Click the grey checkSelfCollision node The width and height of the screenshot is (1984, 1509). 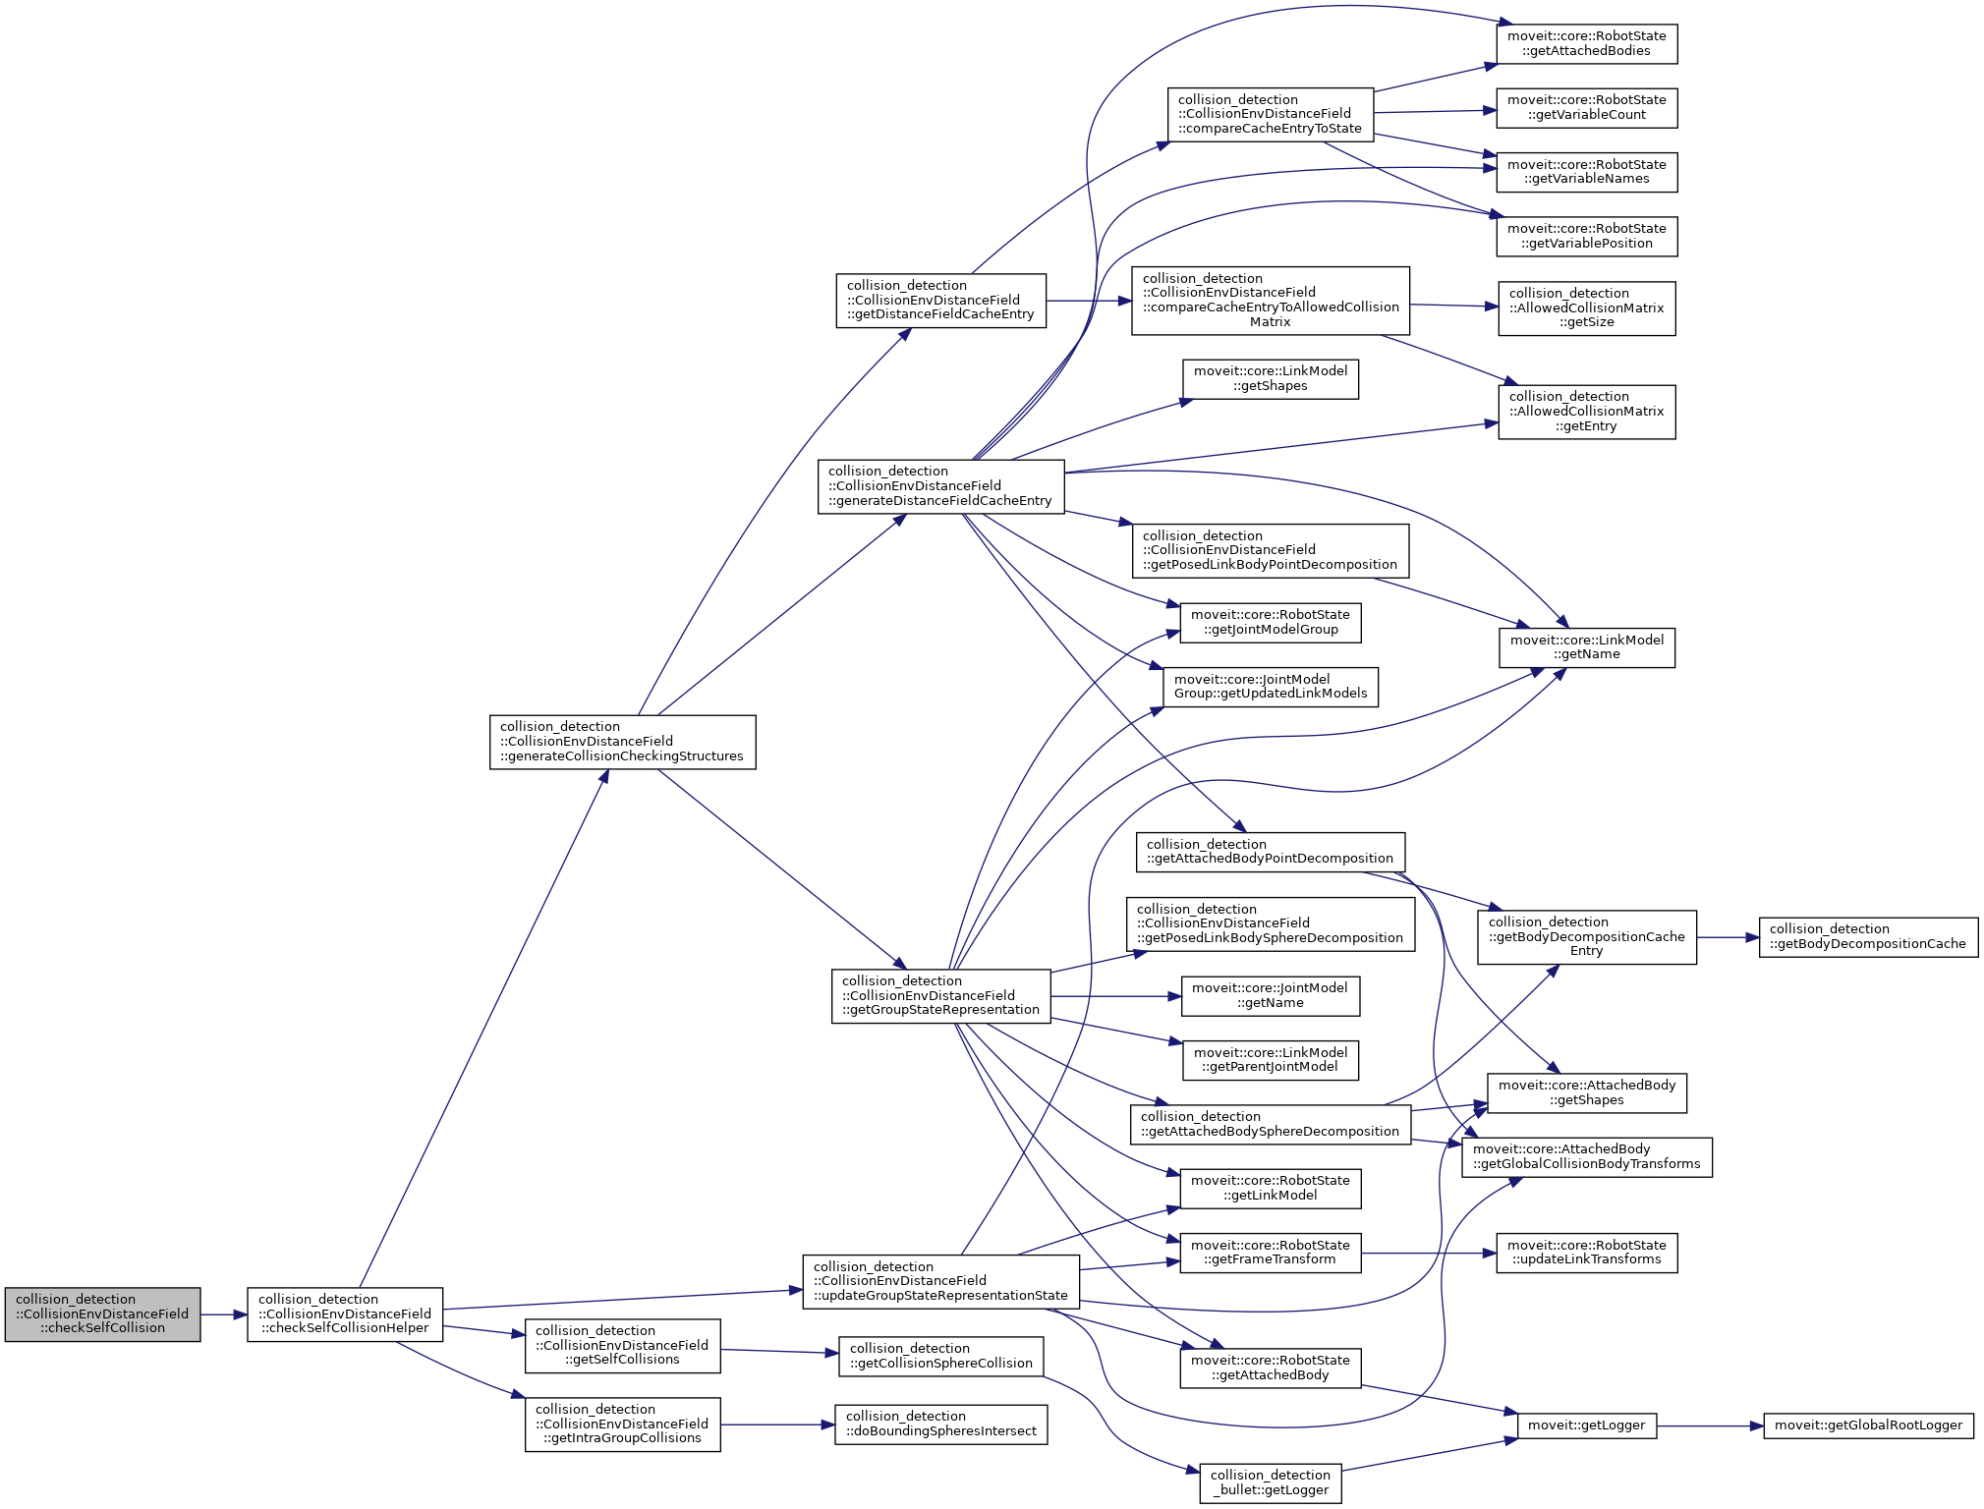coord(102,1313)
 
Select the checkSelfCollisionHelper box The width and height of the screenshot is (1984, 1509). coord(345,1313)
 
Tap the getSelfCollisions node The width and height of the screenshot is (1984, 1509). coord(622,1345)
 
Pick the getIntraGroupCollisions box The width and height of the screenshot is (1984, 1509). coord(622,1424)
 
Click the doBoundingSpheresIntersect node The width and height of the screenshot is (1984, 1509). coord(940,1424)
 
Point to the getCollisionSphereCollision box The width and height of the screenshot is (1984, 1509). coord(940,1356)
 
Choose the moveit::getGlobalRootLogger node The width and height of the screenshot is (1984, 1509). coord(1867,1425)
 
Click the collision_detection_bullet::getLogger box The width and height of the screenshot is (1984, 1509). coord(1270,1482)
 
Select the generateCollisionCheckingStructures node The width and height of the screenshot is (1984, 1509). coord(622,742)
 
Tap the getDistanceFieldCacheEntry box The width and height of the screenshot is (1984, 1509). coord(940,301)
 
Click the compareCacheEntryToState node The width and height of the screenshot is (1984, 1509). coord(1270,114)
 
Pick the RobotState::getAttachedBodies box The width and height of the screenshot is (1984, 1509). coord(1586,44)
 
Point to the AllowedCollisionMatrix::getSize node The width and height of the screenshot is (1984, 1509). coord(1586,308)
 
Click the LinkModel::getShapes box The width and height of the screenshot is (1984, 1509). coord(1270,379)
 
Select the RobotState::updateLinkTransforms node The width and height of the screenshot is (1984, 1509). coord(1586,1253)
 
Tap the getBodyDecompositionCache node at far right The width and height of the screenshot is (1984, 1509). coord(1867,937)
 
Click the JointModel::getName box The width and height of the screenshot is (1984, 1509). coord(1270,996)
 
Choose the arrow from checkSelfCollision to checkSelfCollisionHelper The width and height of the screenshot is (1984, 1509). coord(223,1314)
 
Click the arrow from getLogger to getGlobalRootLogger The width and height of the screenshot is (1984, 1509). coord(1710,1425)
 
